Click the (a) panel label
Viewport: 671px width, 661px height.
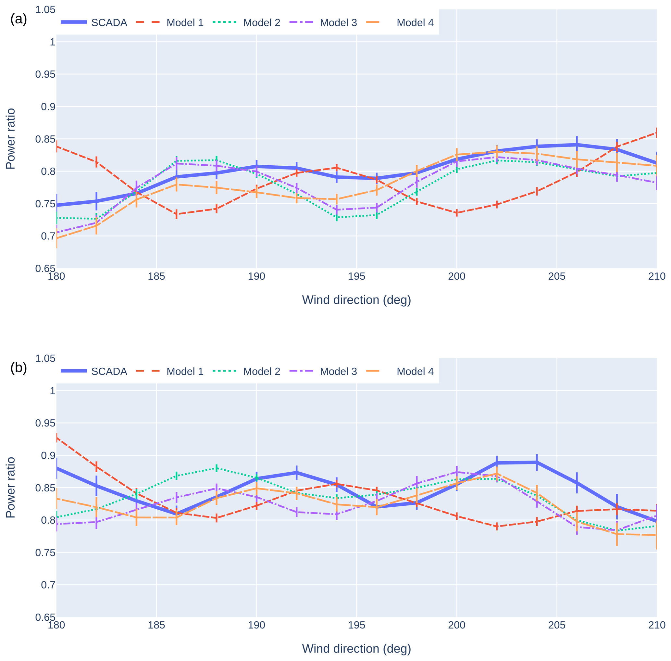[x=19, y=19]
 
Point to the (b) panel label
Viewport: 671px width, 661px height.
[x=19, y=368]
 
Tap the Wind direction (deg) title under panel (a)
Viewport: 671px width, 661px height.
[x=356, y=299]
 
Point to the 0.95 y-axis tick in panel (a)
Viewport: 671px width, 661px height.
[x=45, y=74]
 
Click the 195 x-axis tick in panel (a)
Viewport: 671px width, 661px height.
[x=356, y=276]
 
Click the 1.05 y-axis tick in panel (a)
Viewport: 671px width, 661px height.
[x=45, y=10]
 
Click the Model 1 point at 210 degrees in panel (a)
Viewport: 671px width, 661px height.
[x=656, y=133]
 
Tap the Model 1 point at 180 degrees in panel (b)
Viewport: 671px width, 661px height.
[x=56, y=438]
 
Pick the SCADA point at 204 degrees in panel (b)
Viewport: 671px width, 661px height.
[x=536, y=463]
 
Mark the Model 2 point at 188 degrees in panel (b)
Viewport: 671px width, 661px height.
[x=217, y=468]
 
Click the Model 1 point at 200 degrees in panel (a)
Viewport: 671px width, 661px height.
[x=457, y=213]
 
